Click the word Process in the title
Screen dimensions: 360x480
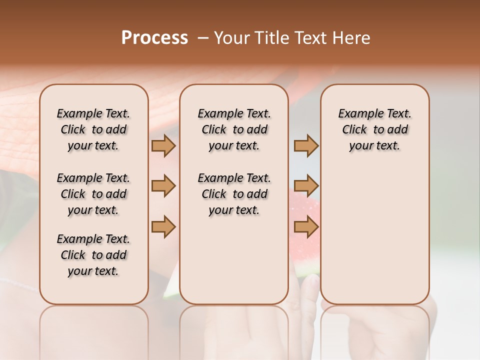pos(154,38)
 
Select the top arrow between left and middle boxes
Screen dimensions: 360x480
pos(163,146)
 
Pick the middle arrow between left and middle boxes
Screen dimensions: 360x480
pos(163,186)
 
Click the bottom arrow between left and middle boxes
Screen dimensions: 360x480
pos(163,227)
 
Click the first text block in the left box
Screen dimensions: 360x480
pos(93,129)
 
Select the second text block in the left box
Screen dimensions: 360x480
pos(93,194)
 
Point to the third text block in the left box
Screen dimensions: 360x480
pos(93,255)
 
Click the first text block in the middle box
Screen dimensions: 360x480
pos(234,129)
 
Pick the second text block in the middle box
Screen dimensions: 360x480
pos(234,194)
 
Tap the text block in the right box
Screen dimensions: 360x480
pos(374,129)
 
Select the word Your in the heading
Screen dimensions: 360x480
pos(230,38)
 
